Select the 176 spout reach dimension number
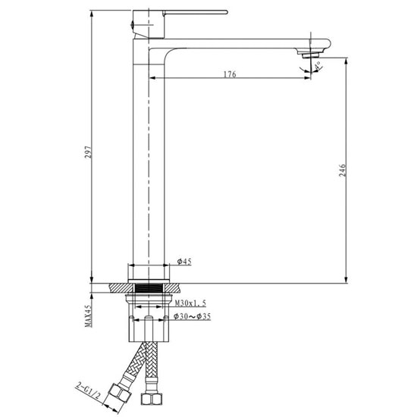[230, 74]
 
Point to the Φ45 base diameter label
[184, 262]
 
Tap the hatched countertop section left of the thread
[120, 288]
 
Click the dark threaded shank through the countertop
[149, 288]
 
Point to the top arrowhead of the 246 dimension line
[346, 59]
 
